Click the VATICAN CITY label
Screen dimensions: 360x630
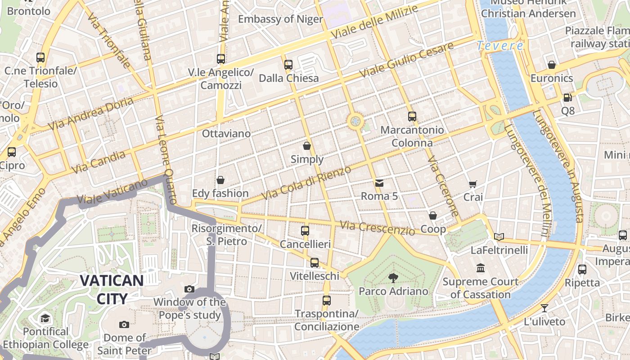[x=112, y=289]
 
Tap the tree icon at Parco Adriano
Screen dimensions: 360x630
[x=393, y=278]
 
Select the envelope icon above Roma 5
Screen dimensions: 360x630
[x=379, y=183]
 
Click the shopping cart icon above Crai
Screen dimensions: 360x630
[x=472, y=184]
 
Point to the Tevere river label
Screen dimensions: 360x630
[x=500, y=45]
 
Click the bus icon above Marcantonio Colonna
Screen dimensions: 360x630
[x=412, y=117]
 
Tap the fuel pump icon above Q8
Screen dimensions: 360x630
[x=567, y=97]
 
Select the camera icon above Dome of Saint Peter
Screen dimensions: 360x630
[x=124, y=324]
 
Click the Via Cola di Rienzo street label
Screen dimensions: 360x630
[x=306, y=183]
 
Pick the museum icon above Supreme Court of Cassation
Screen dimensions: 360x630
[x=481, y=268]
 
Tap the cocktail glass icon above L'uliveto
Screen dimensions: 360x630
[x=544, y=308]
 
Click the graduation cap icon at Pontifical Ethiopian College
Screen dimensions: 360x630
[x=45, y=319]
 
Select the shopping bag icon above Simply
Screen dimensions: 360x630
[x=307, y=146]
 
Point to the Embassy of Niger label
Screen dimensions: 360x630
[x=280, y=19]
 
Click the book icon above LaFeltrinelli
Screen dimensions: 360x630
[x=499, y=237]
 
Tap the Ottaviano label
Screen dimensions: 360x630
[x=226, y=134]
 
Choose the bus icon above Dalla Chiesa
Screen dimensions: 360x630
[x=288, y=65]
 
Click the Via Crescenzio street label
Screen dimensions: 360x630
[x=377, y=228]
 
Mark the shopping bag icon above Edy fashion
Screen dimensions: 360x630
[x=220, y=180]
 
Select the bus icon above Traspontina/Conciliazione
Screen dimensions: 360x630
[x=327, y=301]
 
